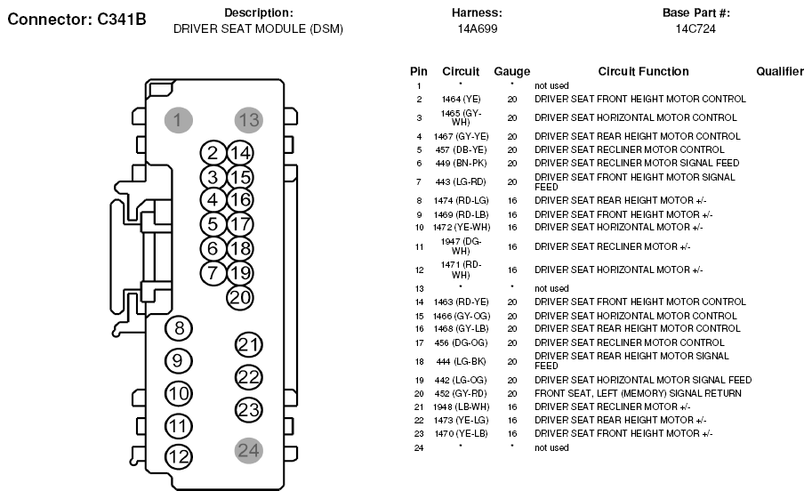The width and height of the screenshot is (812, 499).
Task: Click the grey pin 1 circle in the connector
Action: coord(178,120)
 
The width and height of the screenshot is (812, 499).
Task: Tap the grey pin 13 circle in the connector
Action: coord(249,120)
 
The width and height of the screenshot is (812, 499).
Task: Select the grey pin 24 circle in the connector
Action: coord(249,450)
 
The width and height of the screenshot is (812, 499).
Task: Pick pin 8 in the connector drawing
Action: coord(179,328)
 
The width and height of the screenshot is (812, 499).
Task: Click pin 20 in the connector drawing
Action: coord(240,298)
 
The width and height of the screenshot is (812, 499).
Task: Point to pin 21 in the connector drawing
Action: coord(249,345)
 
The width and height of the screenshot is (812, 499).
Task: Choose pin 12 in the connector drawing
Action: coord(179,457)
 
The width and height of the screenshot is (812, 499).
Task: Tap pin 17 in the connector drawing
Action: coord(240,224)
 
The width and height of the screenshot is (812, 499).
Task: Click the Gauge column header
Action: coord(511,71)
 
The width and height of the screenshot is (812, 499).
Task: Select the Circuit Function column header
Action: coord(643,71)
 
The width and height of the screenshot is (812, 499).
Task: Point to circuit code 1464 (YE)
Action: coord(461,99)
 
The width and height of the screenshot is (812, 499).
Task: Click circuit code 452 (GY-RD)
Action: coord(461,393)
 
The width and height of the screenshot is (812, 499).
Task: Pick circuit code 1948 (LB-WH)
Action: coord(461,406)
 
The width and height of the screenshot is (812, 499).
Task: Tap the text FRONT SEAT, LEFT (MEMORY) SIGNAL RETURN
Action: coord(637,393)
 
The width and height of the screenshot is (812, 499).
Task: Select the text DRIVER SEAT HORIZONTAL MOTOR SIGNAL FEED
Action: coord(642,380)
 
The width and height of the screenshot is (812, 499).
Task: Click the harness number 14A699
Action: coord(477,28)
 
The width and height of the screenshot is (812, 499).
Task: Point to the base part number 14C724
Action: coord(695,28)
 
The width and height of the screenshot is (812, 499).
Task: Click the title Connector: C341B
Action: coord(76,19)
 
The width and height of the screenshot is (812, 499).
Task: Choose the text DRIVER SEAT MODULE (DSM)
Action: coord(258,28)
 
